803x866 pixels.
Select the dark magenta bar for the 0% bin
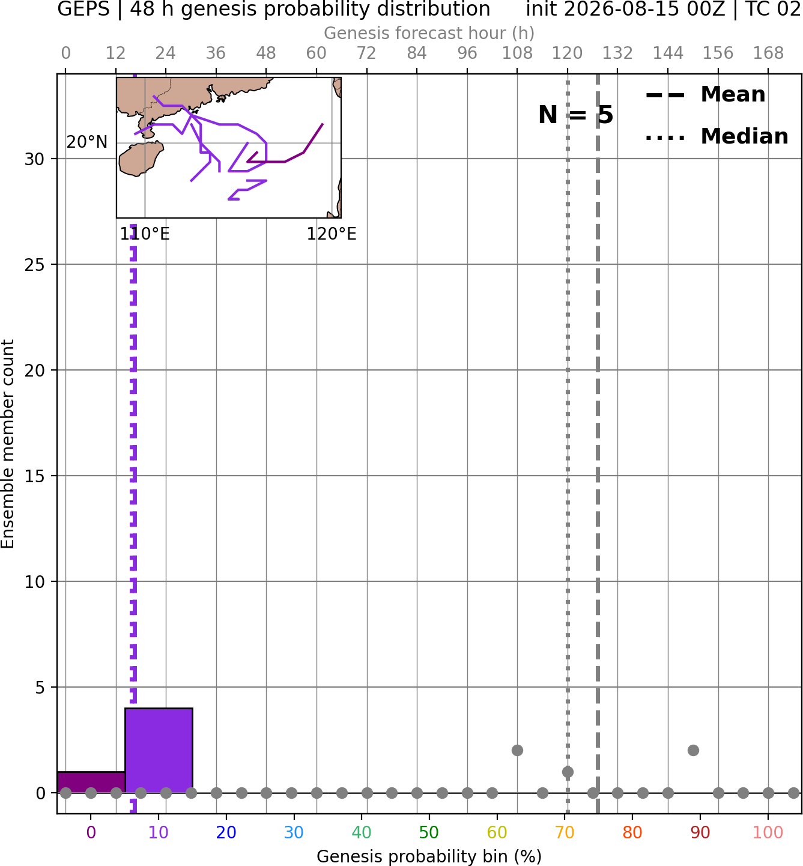91,783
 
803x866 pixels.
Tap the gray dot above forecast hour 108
517,751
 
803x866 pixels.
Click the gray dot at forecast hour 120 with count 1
568,772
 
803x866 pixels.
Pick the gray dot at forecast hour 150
693,751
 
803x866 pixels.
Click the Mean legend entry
705,95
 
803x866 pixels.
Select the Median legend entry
717,136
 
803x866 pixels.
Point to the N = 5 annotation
576,115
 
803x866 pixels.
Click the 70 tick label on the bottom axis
565,832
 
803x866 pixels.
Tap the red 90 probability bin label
700,832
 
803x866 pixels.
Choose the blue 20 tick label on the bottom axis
226,832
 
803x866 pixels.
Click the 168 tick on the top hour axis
768,53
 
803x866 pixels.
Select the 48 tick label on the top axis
266,53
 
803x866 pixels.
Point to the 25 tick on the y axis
34,265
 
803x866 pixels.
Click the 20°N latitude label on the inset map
87,142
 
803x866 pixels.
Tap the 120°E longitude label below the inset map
332,234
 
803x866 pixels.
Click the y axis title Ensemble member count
8,443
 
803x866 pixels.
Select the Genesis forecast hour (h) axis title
429,33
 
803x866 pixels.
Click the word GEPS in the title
83,9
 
